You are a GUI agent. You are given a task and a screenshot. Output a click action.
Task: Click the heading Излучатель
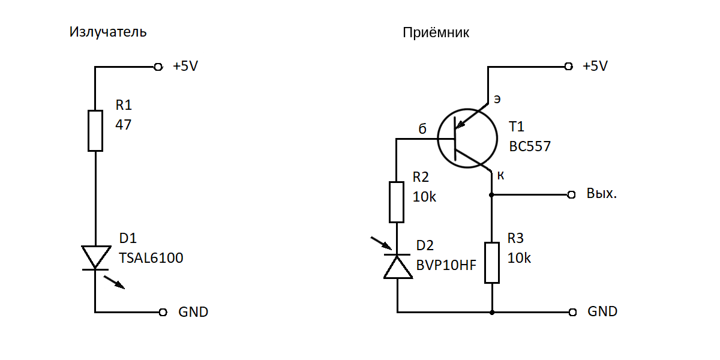tap(108, 32)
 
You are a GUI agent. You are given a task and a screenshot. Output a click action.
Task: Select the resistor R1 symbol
tap(95, 130)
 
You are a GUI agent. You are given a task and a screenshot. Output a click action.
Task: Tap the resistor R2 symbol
tap(397, 202)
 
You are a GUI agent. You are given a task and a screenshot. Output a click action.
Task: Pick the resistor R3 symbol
tap(492, 262)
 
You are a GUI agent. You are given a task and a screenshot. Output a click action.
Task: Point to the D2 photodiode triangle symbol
tap(397, 266)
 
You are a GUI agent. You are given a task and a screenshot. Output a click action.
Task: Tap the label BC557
tap(530, 146)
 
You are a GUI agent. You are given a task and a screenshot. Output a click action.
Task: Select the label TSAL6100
tap(151, 259)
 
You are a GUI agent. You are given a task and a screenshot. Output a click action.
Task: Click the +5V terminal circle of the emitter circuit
tap(158, 67)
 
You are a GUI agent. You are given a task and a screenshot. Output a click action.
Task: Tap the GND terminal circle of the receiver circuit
tap(573, 312)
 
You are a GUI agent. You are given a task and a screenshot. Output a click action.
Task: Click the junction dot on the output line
tap(492, 195)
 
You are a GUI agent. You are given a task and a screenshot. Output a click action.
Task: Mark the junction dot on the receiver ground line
tap(492, 312)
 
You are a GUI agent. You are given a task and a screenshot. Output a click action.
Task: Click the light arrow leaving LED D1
tap(115, 282)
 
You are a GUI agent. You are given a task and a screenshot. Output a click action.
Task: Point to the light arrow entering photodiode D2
tap(381, 243)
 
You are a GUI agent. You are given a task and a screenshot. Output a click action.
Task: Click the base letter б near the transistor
tap(422, 129)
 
